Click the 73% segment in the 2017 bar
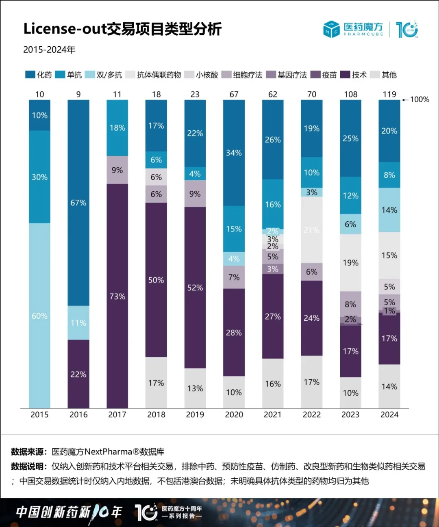pos(117,296)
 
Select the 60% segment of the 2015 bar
pos(39,315)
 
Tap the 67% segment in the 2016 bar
pos(78,203)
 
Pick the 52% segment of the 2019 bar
pos(195,287)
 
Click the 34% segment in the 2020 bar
pos(234,153)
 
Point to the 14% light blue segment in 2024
pos(389,210)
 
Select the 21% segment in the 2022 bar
pos(312,230)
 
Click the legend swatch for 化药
pos(30,75)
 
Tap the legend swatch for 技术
pos(345,75)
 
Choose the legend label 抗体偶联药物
pos(159,75)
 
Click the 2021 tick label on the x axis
pos(273,415)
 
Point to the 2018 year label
pos(156,415)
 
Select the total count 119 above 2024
pos(389,94)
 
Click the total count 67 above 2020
pos(234,94)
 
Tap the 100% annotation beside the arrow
pos(419,99)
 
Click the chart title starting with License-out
pos(122,29)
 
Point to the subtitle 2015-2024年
pos(49,50)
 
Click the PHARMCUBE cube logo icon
pos(331,29)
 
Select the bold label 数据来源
pos(27,451)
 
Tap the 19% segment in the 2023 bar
pos(350,263)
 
